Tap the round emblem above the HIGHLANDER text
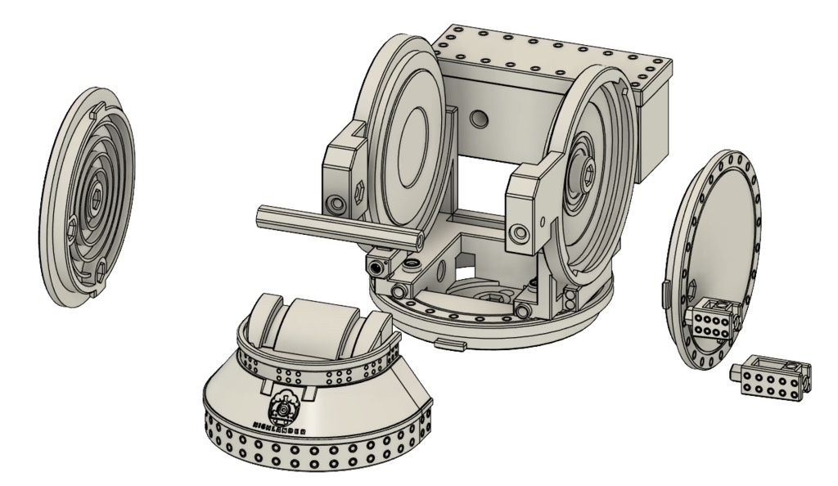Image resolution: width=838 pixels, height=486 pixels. coord(283,409)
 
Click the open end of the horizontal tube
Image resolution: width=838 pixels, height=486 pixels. coord(418,238)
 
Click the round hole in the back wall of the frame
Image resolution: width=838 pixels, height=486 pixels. coord(477,120)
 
